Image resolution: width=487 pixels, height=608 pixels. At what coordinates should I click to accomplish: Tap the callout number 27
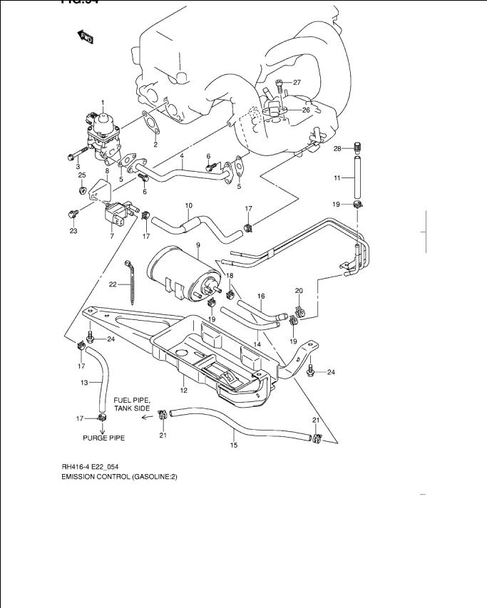pos(297,83)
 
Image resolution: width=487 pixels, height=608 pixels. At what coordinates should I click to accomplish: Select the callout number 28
pos(338,148)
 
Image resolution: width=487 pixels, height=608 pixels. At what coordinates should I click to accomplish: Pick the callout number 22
pos(113,284)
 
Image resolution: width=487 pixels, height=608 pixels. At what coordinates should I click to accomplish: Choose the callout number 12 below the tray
pos(183,390)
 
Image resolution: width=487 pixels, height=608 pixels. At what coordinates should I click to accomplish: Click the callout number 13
pos(83,383)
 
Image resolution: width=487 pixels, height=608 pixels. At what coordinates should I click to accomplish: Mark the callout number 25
pos(82,175)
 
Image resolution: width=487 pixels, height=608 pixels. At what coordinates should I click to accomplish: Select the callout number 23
pos(73,230)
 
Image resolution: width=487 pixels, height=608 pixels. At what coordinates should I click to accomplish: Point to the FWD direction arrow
pos(85,37)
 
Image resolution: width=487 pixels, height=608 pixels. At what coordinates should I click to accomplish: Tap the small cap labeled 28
pos(358,148)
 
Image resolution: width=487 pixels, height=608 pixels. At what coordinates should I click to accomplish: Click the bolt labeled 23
pos(73,214)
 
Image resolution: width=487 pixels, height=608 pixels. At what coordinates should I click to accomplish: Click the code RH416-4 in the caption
pos(76,467)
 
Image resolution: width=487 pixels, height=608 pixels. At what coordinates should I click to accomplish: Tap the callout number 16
pos(261,296)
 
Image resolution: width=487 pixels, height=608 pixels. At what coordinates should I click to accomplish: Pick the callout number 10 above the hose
pos(188,207)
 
